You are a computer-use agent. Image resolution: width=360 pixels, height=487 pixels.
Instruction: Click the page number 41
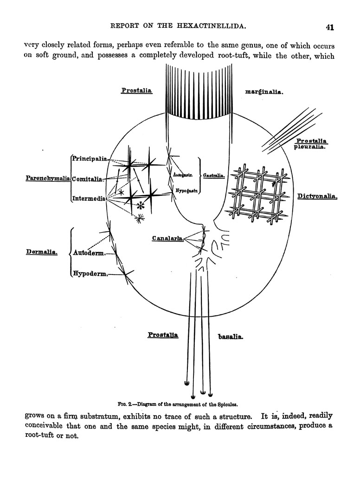point(330,27)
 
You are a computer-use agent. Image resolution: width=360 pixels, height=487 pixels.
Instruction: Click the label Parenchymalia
point(47,178)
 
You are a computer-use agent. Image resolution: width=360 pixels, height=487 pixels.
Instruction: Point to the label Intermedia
point(89,199)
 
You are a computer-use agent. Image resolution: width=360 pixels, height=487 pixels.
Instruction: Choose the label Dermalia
point(42,253)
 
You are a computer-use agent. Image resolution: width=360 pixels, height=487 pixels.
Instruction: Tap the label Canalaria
point(167,238)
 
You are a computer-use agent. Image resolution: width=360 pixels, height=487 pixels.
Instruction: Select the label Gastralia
point(213,176)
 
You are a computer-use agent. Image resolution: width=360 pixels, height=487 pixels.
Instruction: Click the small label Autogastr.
point(183,175)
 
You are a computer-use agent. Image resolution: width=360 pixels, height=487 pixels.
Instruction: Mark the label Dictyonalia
point(316,196)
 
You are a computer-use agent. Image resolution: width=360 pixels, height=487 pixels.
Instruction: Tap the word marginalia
point(264,92)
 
